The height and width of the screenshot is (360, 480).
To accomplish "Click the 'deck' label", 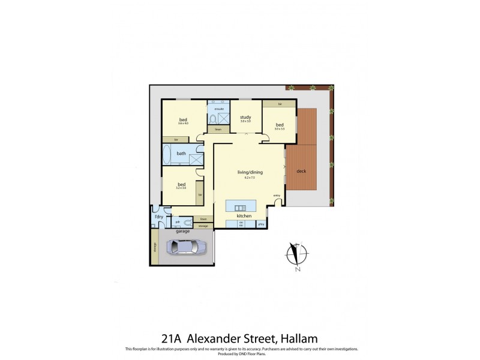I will (x=301, y=172).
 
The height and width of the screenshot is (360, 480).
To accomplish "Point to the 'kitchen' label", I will (x=243, y=215).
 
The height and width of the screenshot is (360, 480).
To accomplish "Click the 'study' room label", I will (x=245, y=118).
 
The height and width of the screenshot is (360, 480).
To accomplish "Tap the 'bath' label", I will (x=181, y=154).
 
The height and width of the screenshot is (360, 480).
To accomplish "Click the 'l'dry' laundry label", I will (x=159, y=216).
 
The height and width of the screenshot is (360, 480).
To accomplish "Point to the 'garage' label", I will (x=182, y=231).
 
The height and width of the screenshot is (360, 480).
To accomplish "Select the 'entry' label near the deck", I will (x=277, y=195).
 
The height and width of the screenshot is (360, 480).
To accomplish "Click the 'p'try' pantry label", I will (x=262, y=224).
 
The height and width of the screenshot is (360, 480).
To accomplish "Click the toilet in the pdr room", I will (x=188, y=222).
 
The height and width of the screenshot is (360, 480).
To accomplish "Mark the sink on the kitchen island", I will (x=233, y=207).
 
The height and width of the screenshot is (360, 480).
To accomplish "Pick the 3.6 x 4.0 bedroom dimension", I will (x=183, y=124).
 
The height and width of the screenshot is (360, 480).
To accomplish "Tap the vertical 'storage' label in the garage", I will (x=154, y=253).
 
